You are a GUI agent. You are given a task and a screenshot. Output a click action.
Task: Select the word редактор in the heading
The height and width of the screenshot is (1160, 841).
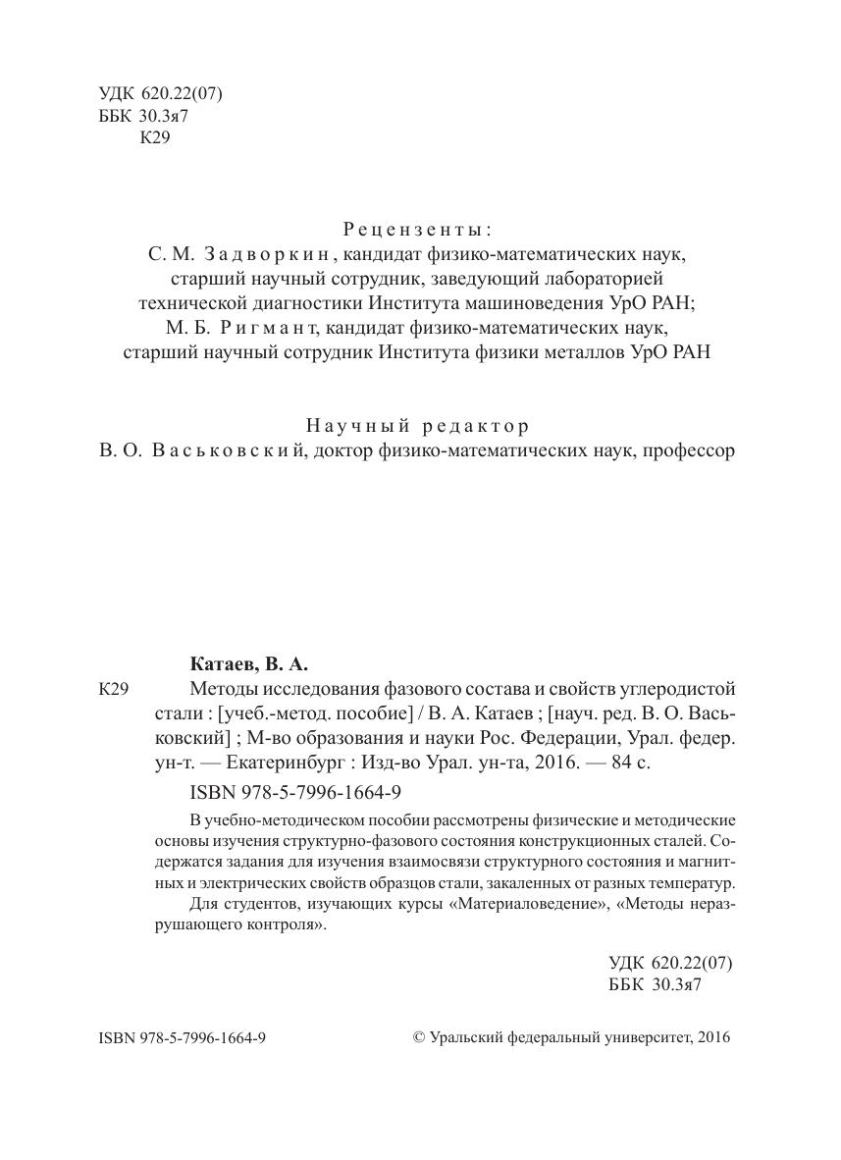(x=477, y=426)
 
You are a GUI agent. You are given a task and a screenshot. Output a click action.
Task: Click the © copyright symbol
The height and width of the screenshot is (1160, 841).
(x=419, y=1037)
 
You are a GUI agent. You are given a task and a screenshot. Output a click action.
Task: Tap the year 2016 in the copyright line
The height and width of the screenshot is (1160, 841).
(x=713, y=1037)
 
